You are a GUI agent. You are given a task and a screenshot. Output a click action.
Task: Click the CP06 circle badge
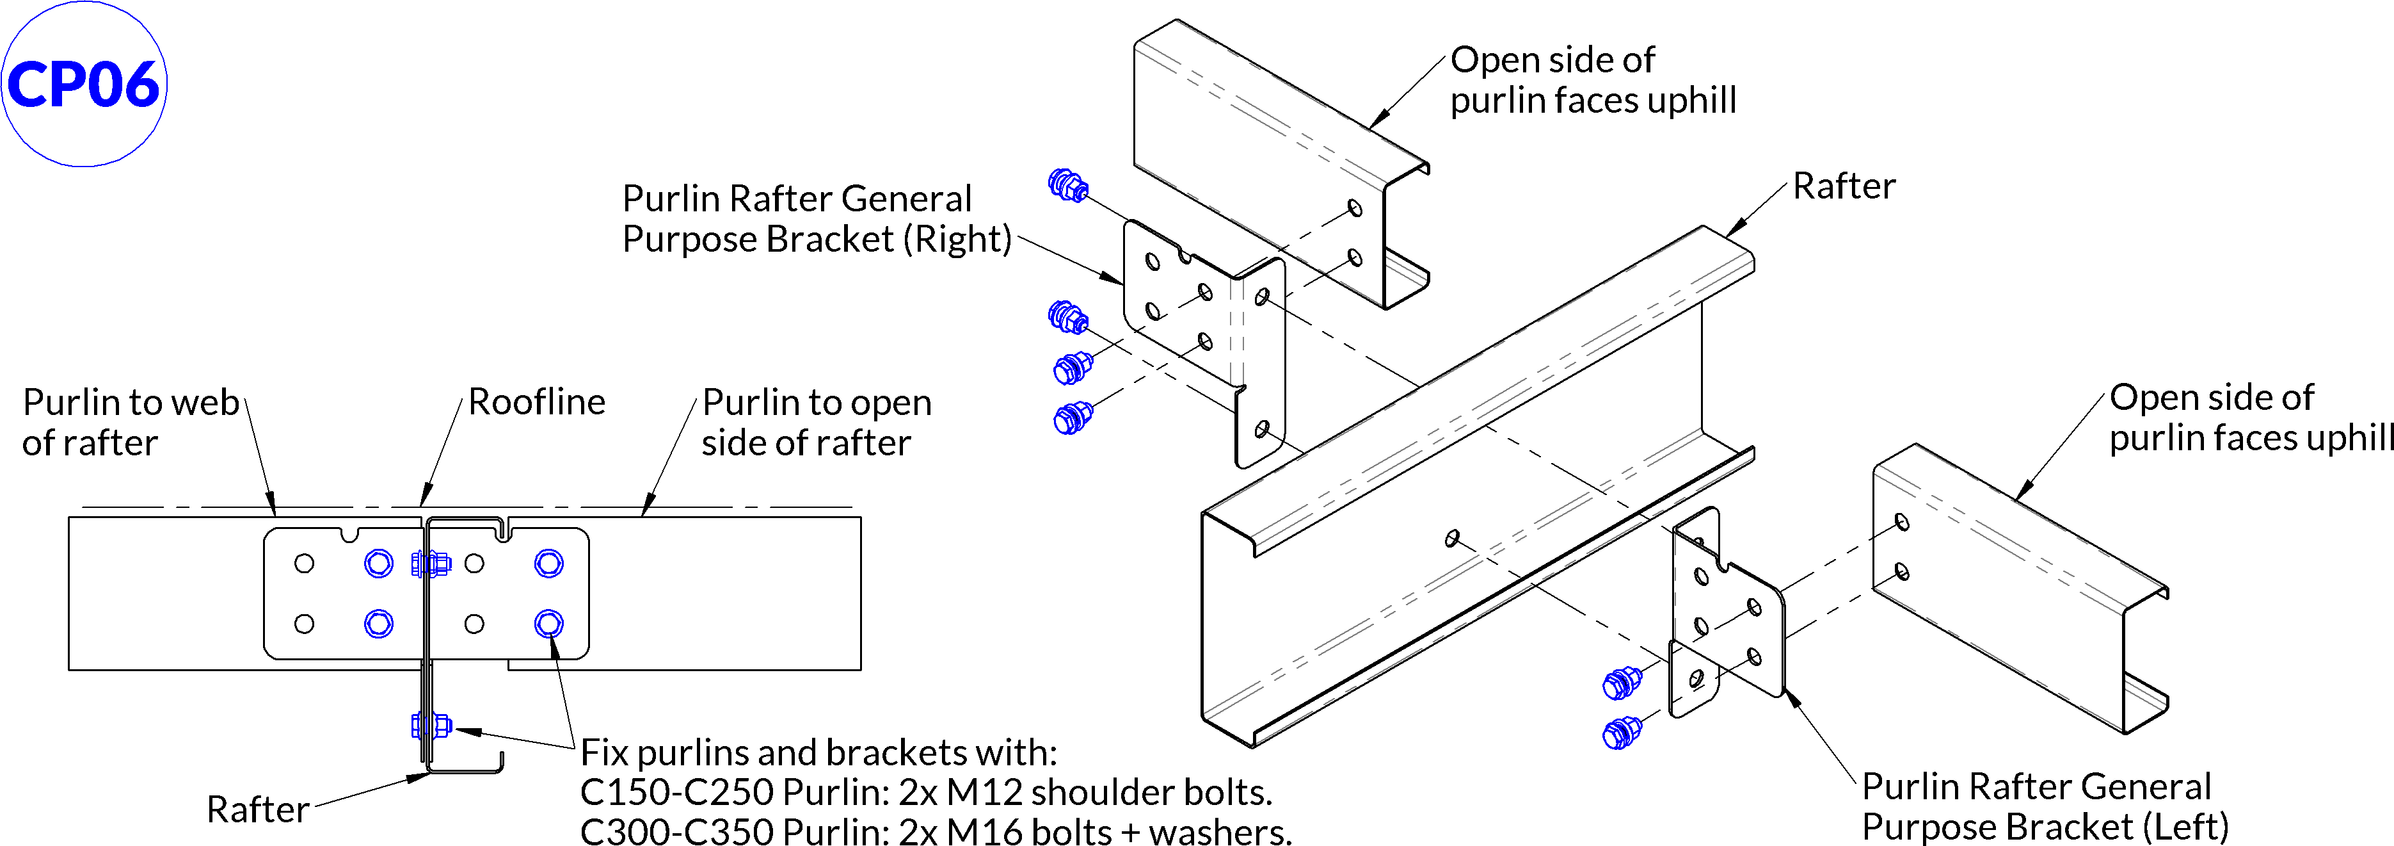(84, 84)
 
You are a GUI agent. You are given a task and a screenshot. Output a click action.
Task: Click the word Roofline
(536, 402)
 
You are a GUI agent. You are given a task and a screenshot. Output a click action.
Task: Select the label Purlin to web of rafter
(130, 422)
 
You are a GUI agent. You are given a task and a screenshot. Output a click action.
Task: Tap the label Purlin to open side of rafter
(816, 422)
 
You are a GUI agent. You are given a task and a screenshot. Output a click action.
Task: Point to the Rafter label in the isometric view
(1843, 186)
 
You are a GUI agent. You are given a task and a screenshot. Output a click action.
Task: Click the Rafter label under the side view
(257, 809)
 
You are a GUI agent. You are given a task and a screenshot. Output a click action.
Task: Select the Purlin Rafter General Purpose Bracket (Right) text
(816, 218)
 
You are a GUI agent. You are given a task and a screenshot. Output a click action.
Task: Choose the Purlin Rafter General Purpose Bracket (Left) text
(2045, 806)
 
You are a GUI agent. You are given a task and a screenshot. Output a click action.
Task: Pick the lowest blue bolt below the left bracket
(1622, 733)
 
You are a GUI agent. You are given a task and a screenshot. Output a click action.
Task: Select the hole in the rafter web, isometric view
(1451, 537)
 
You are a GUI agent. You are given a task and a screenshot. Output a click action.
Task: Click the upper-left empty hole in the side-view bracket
(304, 564)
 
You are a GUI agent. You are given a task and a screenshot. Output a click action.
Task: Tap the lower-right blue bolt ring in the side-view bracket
(549, 623)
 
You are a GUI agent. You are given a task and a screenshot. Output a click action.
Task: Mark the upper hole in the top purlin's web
(1355, 207)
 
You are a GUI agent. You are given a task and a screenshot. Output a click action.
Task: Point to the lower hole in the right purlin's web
(1901, 571)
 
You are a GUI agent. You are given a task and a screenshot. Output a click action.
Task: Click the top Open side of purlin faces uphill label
(1592, 80)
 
